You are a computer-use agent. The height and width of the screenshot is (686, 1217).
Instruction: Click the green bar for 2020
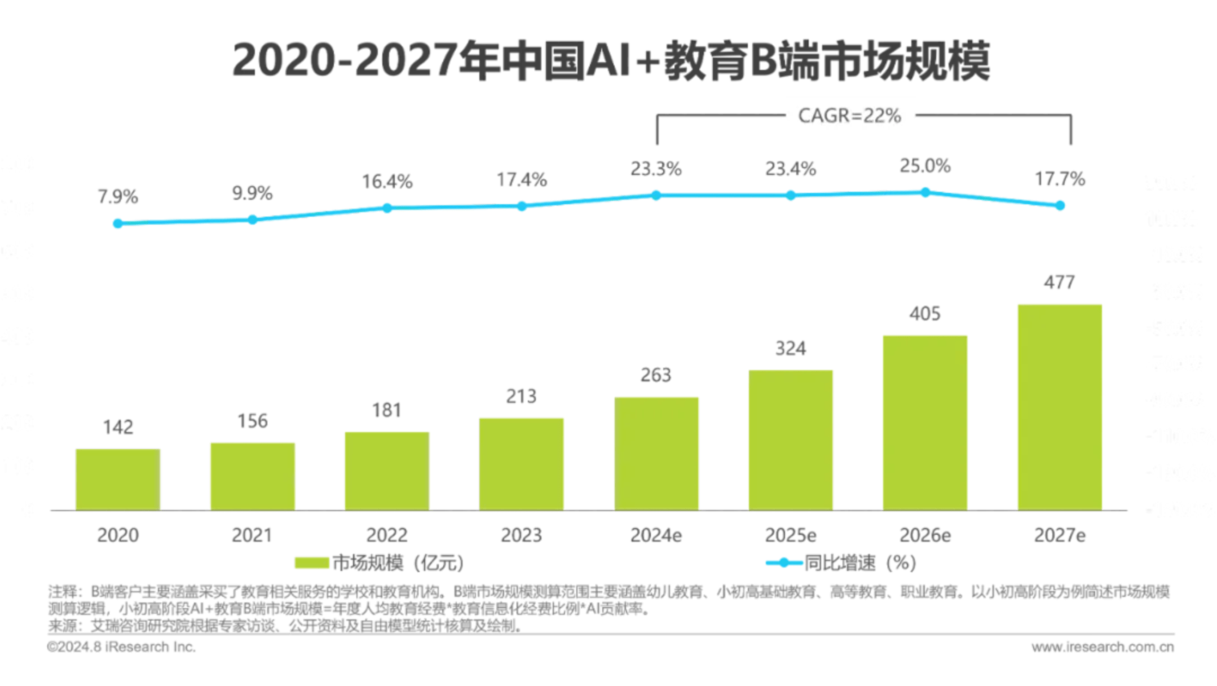pos(118,480)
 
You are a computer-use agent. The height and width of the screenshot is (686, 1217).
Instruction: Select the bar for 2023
pos(521,464)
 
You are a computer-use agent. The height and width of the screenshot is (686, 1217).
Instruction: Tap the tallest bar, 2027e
pos(1060,407)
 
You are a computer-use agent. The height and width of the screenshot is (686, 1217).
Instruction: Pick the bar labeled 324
pos(791,440)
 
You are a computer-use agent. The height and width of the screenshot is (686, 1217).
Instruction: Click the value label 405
pos(925,314)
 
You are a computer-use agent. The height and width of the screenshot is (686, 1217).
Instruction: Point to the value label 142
pos(118,427)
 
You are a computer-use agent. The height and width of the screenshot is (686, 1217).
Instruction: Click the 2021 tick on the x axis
pos(252,535)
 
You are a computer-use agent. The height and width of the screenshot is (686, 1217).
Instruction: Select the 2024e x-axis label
pos(656,535)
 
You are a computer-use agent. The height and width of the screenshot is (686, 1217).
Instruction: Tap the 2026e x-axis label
pos(925,535)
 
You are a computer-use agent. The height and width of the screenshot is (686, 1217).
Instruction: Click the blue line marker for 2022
pos(387,208)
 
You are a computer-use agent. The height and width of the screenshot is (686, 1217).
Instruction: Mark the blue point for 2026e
pos(925,192)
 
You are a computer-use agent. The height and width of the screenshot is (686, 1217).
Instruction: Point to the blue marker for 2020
pos(118,223)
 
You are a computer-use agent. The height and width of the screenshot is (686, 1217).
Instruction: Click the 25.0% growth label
pos(925,166)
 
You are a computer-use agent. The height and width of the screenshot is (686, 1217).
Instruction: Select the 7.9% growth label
pos(118,196)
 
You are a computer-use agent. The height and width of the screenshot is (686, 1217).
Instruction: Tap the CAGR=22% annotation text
pos(849,116)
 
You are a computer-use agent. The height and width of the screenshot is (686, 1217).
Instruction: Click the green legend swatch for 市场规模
pos(311,562)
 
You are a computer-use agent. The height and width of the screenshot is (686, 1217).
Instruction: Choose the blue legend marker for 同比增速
pos(783,562)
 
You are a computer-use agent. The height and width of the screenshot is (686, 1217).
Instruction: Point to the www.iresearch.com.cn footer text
pos(1103,647)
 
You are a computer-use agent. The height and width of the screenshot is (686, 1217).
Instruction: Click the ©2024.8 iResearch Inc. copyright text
pos(121,647)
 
